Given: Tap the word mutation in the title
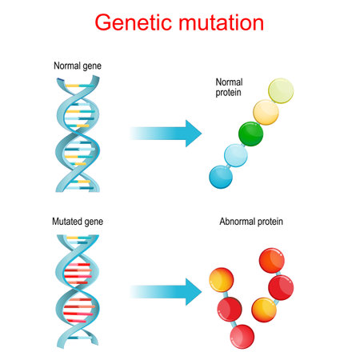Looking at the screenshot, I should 220,23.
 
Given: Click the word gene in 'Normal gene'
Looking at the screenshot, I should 97,66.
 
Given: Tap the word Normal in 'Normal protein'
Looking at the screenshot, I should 230,82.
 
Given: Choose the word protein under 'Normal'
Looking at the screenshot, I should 230,93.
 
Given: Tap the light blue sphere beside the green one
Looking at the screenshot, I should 235,155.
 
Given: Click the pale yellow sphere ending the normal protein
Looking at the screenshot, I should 281,91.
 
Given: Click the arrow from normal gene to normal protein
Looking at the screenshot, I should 165,133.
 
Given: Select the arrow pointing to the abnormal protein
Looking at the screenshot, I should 165,290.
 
